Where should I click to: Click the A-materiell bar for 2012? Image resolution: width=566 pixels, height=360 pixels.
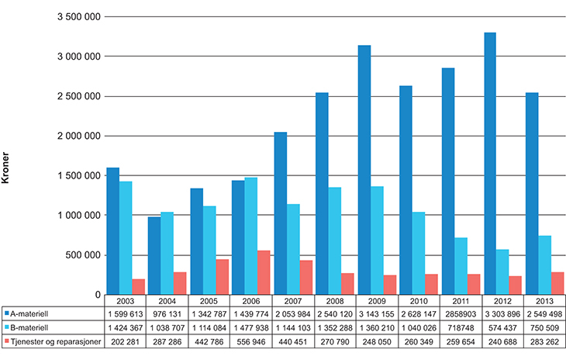490,164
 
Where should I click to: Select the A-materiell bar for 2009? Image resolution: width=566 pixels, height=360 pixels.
364,170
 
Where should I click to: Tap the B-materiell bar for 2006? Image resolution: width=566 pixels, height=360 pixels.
251,236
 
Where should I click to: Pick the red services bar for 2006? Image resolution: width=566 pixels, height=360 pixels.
264,272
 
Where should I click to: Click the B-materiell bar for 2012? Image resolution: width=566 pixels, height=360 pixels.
503,272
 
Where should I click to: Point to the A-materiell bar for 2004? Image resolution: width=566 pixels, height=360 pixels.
154,256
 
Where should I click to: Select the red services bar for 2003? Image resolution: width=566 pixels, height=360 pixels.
140,286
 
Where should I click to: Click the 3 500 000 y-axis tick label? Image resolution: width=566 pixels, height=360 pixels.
77,17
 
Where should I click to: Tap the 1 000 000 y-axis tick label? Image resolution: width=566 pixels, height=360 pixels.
77,215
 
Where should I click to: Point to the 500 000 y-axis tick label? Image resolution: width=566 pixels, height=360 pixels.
82,254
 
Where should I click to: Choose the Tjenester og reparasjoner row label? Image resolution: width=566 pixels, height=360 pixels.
53,342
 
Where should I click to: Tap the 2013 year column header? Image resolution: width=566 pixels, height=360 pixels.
544,300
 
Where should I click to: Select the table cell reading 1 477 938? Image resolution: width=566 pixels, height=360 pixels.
250,328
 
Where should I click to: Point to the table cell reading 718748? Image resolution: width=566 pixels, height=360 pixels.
460,328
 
